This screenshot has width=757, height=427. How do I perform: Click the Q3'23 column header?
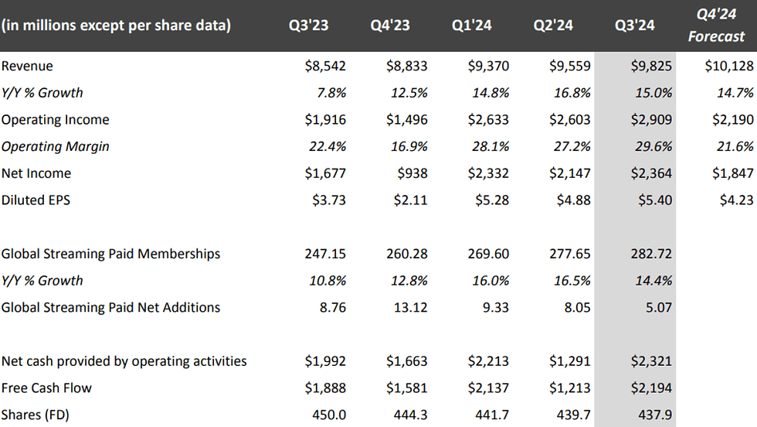[308, 26]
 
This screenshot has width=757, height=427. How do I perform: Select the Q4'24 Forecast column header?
[717, 26]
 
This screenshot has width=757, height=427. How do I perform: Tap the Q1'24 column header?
[472, 26]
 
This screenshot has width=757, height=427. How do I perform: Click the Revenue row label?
[27, 67]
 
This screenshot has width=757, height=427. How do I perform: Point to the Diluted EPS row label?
[36, 200]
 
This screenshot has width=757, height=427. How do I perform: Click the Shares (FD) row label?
[36, 415]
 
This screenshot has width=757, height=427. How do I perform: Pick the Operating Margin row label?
[56, 146]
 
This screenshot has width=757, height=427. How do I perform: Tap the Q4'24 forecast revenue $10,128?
[729, 67]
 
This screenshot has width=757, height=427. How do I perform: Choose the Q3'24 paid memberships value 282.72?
[652, 254]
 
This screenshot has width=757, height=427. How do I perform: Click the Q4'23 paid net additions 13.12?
[410, 307]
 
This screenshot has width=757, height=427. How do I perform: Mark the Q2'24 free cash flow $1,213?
[569, 388]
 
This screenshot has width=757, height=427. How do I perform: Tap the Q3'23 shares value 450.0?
[330, 415]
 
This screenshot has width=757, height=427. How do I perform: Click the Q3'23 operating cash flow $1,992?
[325, 361]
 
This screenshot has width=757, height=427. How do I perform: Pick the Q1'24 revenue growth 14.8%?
[490, 93]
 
